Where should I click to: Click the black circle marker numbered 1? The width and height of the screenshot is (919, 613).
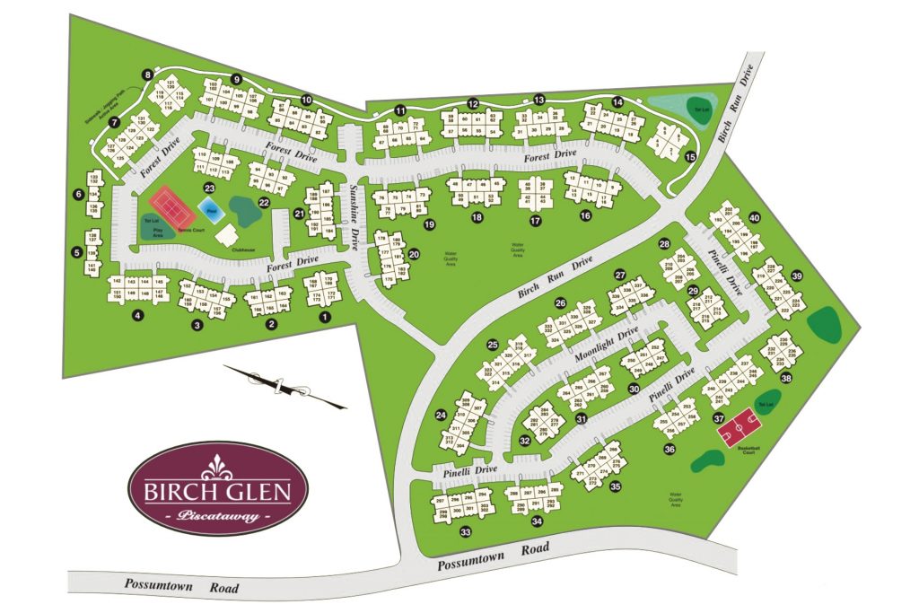click(326, 315)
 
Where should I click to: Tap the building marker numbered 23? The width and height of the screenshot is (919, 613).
click(209, 188)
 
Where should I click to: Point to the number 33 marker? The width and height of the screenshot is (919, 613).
click(466, 533)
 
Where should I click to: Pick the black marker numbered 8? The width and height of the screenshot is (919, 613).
click(146, 74)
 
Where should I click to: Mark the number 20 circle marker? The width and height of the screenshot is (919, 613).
click(414, 255)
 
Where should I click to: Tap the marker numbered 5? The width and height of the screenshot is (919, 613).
click(77, 252)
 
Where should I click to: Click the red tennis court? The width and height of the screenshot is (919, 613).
click(173, 206)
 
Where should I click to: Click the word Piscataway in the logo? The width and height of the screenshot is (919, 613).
click(218, 516)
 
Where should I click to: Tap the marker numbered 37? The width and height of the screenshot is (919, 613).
click(718, 418)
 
